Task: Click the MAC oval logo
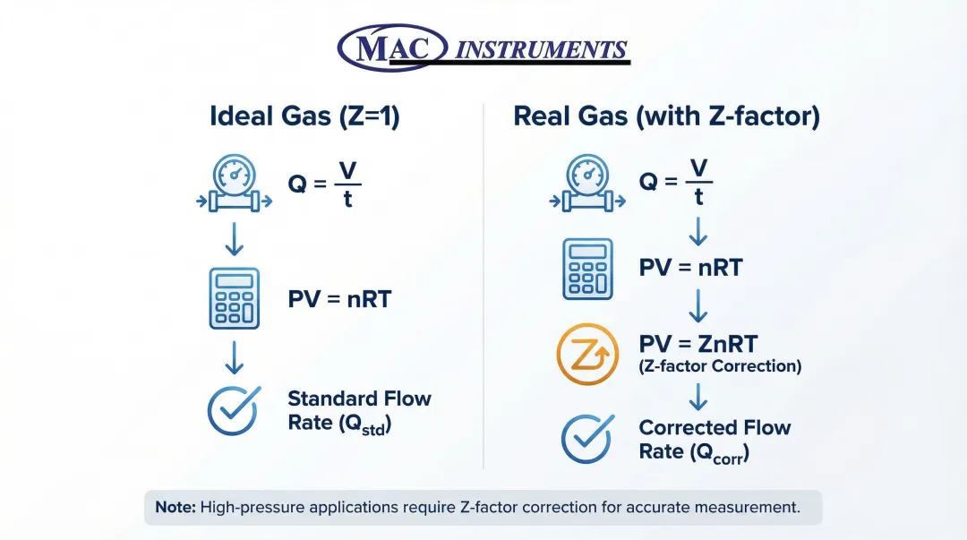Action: click(392, 47)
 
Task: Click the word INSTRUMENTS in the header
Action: click(541, 49)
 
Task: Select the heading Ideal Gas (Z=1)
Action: click(304, 116)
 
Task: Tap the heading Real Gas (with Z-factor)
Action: click(667, 116)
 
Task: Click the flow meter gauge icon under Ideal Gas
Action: click(235, 184)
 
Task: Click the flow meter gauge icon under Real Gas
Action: click(587, 184)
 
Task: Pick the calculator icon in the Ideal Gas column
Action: click(235, 299)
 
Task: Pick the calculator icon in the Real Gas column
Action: click(587, 269)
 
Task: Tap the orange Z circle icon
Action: click(587, 355)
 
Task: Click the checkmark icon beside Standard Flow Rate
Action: click(234, 411)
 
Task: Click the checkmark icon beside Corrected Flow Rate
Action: click(587, 439)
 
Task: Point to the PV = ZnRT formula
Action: click(698, 344)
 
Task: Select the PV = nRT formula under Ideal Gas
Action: click(340, 299)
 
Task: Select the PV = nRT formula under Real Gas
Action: click(690, 268)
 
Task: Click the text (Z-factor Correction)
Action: click(720, 366)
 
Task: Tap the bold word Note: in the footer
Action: click(175, 507)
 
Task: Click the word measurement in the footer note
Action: click(747, 507)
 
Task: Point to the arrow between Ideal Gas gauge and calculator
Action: click(235, 239)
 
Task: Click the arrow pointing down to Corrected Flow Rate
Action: click(698, 397)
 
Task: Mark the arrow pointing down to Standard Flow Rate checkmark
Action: click(235, 358)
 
